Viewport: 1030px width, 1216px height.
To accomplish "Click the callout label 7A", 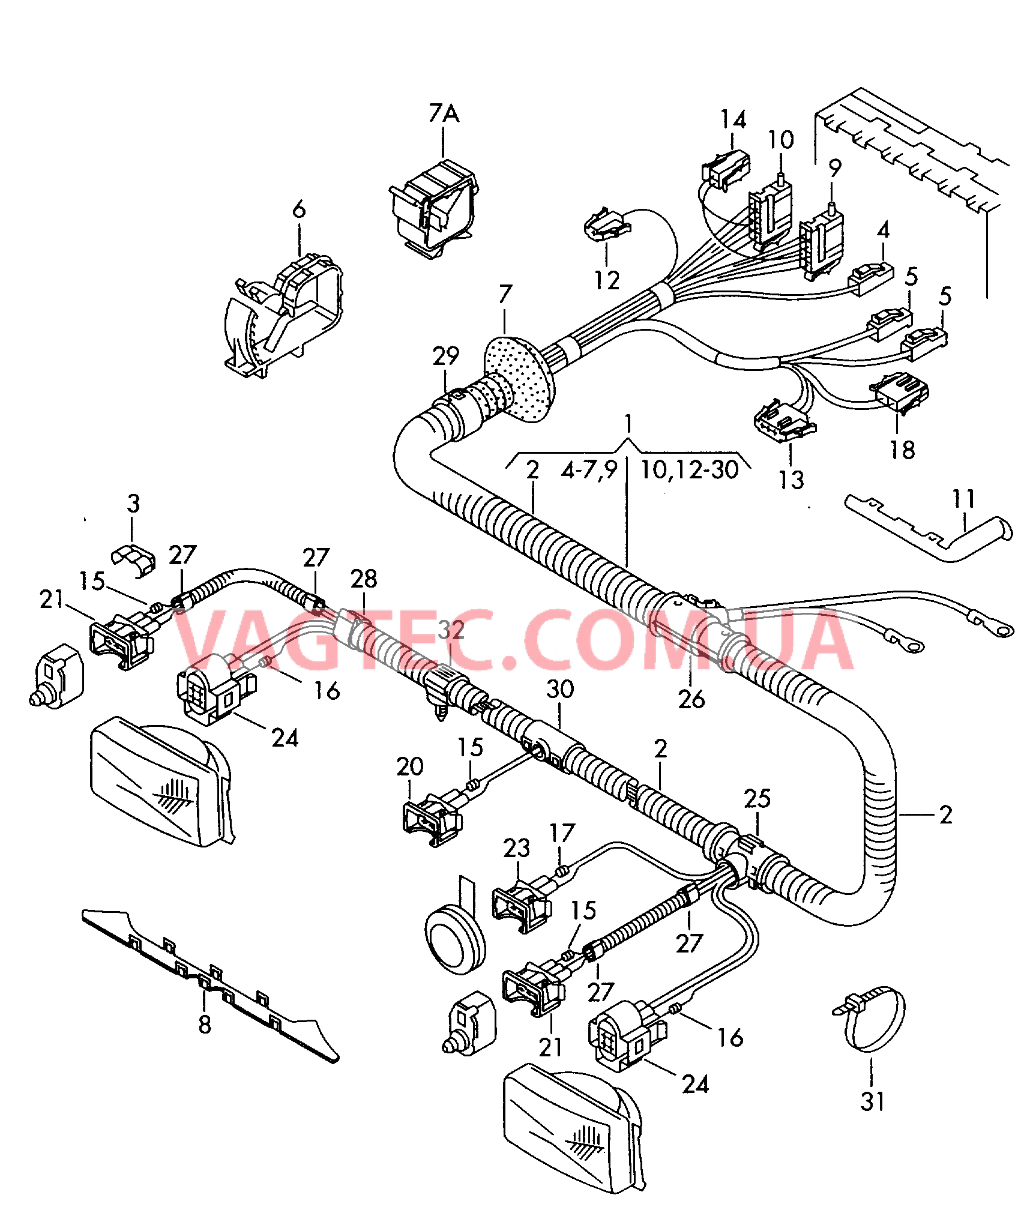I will (444, 113).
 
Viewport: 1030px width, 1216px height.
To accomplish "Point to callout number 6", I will (299, 209).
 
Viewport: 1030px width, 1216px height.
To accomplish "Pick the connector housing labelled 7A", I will (433, 207).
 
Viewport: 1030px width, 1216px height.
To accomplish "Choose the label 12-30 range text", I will (689, 469).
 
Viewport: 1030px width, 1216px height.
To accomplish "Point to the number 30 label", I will (559, 689).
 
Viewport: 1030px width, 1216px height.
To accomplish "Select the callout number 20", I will (410, 766).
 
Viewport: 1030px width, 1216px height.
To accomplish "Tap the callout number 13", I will (791, 480).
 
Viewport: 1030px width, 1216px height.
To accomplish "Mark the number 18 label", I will (902, 450).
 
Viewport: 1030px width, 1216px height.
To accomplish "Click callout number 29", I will (445, 356).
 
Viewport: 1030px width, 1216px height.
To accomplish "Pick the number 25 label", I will (757, 798).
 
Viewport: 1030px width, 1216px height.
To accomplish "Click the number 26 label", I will (691, 699).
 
